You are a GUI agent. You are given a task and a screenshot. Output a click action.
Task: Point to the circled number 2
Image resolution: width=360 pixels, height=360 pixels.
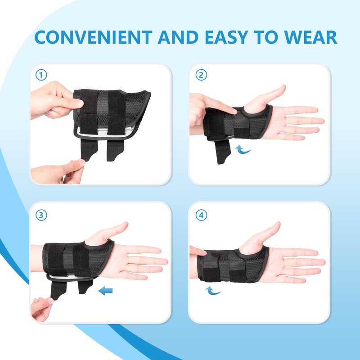(x=202, y=75)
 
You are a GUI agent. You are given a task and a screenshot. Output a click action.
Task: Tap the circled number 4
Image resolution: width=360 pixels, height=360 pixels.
(x=202, y=215)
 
